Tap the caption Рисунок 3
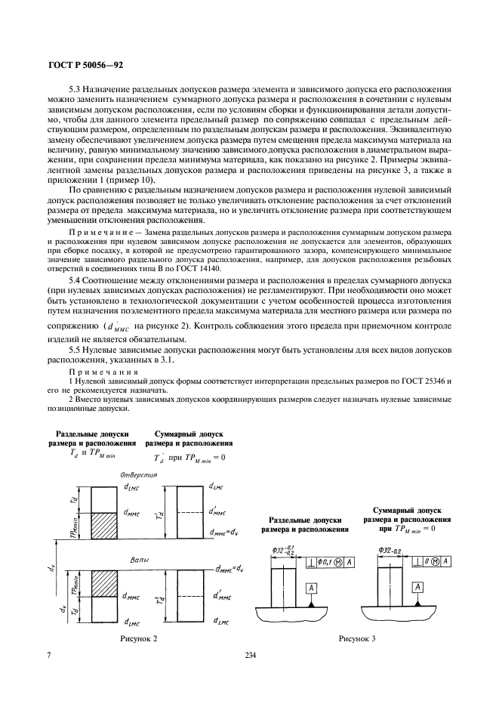357,639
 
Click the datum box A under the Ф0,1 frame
310,588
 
